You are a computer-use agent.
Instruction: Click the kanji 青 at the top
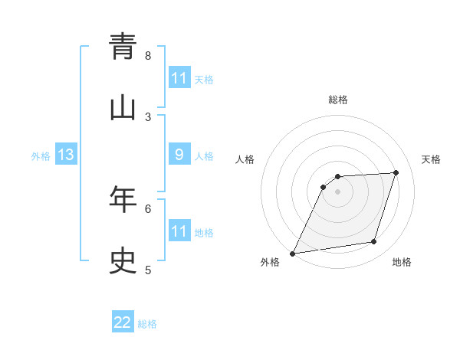[x=123, y=47]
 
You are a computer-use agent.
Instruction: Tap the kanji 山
[x=123, y=109]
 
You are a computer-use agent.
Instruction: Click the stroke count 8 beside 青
[x=148, y=55]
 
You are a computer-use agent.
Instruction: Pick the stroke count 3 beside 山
[x=148, y=116]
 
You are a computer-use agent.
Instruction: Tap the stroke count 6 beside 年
[x=148, y=208]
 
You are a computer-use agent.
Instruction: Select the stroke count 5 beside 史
[x=148, y=270]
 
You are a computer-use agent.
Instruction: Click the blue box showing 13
[x=65, y=155]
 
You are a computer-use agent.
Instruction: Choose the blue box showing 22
[x=123, y=323]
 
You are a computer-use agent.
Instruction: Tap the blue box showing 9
[x=179, y=155]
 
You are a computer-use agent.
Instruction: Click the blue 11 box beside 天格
[x=179, y=78]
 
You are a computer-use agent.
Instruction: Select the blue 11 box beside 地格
[x=179, y=231]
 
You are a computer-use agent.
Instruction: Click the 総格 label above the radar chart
[x=338, y=100]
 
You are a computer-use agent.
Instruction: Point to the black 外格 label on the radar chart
[x=270, y=263]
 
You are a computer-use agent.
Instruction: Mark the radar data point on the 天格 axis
[x=396, y=172]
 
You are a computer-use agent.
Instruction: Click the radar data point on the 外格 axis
[x=292, y=254]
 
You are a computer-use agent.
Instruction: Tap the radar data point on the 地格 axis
[x=374, y=242]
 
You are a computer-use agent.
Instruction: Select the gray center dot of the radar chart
[x=338, y=191]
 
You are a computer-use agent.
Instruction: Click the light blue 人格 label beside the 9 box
[x=204, y=156]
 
